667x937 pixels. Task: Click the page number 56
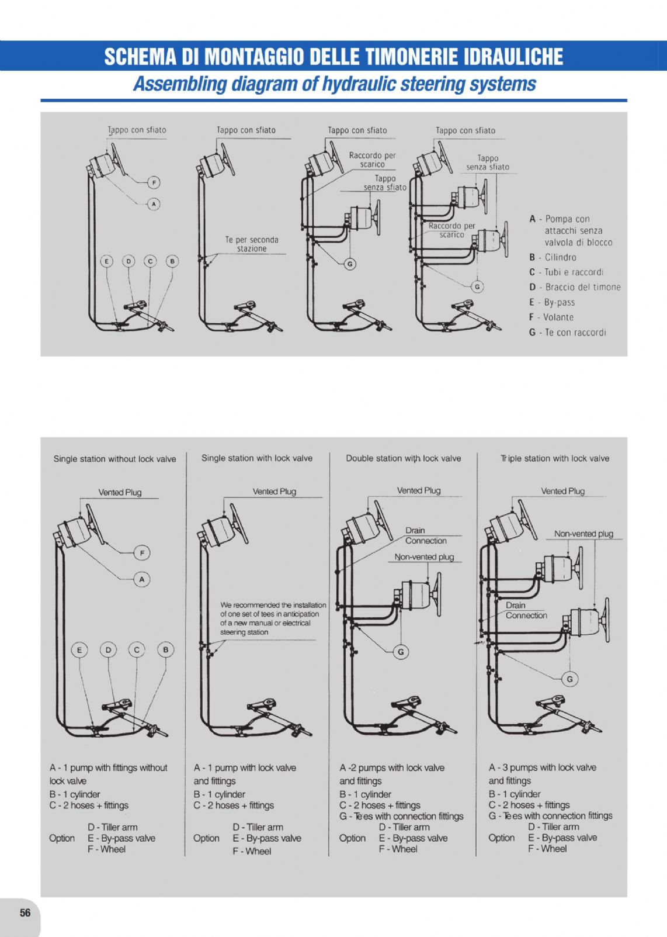25,913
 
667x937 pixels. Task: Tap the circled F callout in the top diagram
154,182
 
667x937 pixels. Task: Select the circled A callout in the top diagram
154,204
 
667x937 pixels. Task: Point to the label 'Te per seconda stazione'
252,244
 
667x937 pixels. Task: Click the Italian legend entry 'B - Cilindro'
553,257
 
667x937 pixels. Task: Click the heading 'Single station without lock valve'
114,459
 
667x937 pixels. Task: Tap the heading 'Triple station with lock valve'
554,458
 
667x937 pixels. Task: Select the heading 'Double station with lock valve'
403,458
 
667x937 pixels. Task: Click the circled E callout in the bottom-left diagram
79,650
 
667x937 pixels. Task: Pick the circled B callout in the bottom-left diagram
166,650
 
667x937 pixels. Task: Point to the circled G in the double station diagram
401,652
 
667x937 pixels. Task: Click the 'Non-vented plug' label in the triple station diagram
583,534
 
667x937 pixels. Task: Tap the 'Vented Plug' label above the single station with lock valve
274,492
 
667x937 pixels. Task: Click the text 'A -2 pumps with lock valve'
392,767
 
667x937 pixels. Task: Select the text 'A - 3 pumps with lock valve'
542,767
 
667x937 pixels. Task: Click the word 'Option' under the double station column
353,838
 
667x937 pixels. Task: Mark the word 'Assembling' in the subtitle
179,84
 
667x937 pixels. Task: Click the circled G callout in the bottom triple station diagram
569,679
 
